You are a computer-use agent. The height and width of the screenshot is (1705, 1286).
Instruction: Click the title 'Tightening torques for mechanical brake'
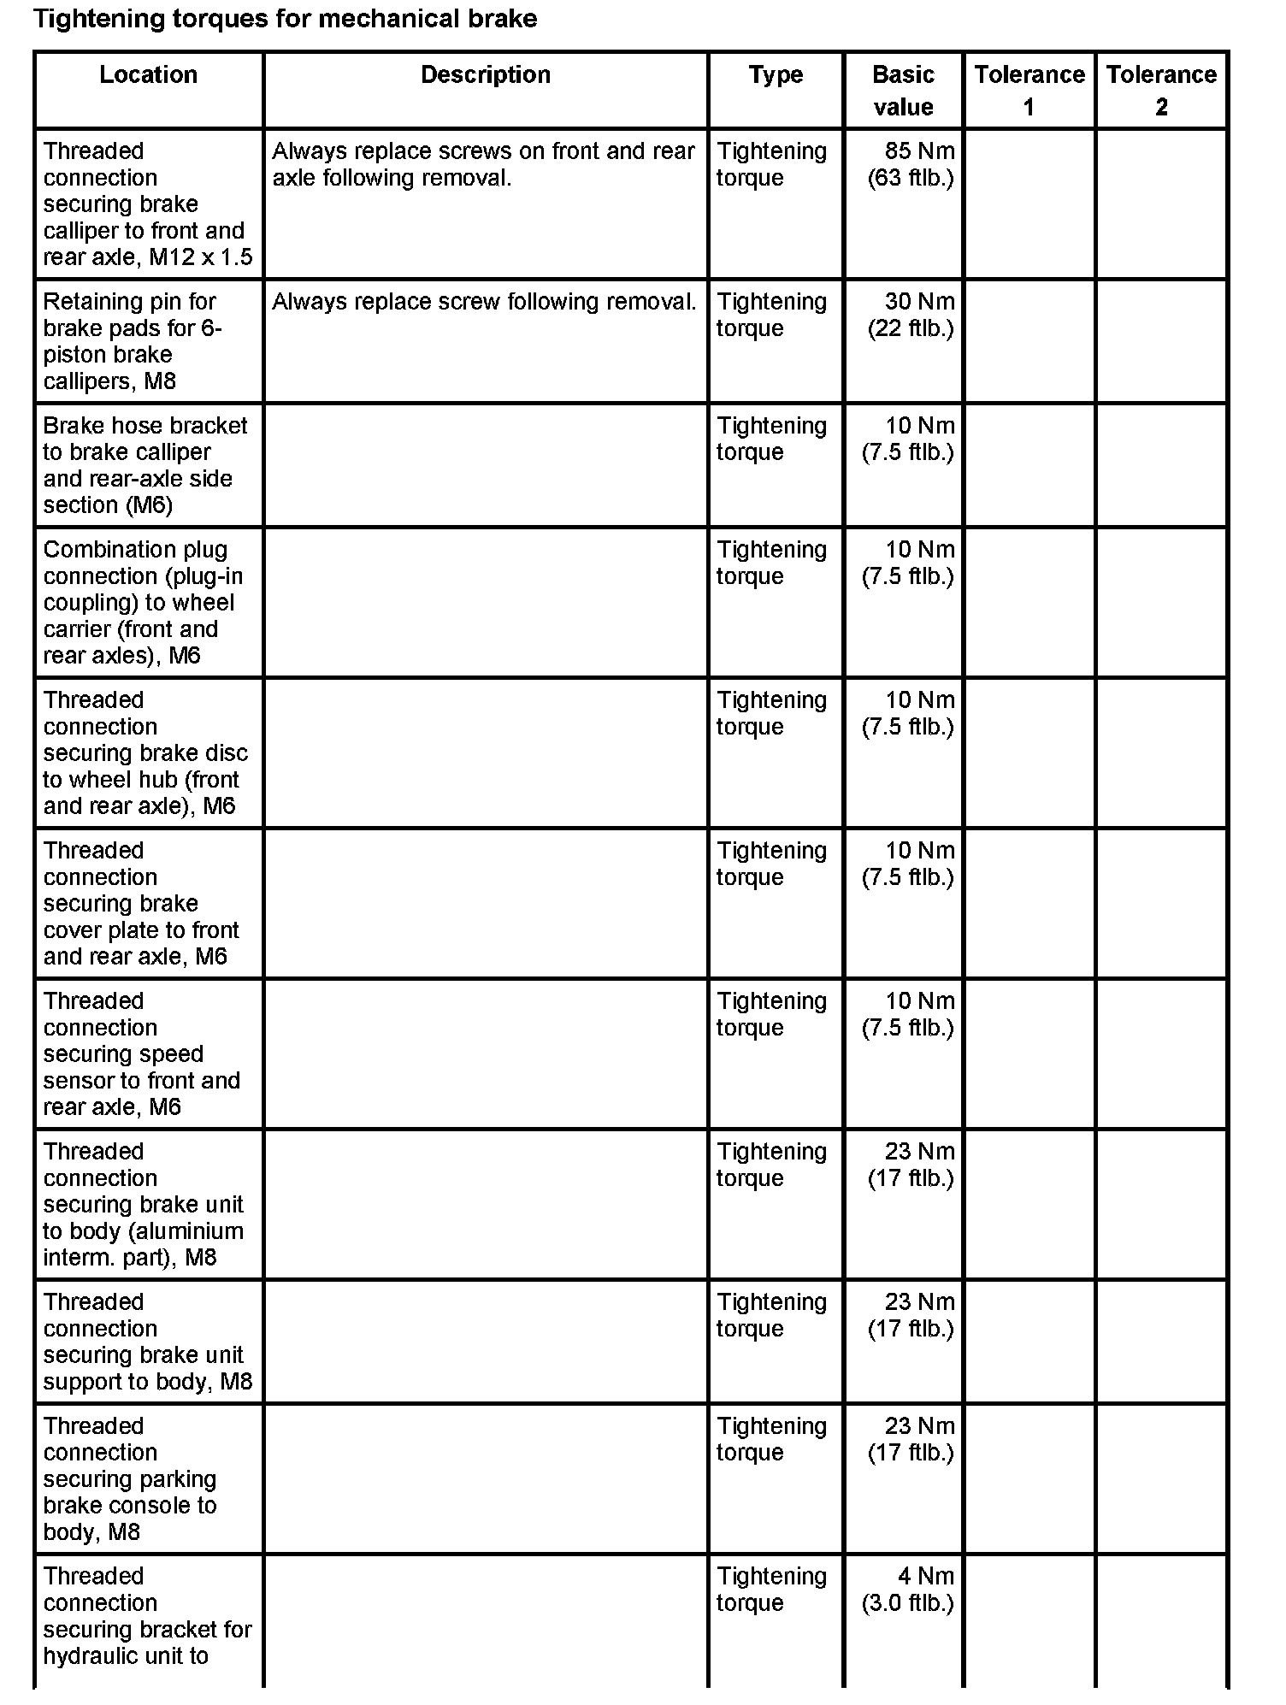pos(285,19)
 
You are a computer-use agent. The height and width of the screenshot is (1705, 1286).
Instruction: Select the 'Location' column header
pos(148,75)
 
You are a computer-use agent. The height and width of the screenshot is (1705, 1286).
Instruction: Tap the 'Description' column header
pos(485,75)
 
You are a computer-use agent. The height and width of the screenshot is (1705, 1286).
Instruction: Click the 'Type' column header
pos(776,75)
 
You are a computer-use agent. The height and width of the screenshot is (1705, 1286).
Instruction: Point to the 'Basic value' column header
pos(903,91)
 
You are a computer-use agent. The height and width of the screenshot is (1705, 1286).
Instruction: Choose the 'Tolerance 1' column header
pos(1029,91)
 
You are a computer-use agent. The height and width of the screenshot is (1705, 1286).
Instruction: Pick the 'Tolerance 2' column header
pos(1161,91)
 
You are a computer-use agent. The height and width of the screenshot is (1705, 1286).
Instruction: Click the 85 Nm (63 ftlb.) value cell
pos(910,165)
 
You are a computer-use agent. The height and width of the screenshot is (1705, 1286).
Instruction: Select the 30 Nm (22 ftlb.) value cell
pos(910,316)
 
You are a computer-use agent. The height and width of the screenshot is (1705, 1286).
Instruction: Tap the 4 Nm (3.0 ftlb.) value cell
pos(910,1590)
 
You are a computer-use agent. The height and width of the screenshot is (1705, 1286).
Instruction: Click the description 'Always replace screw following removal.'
pos(484,302)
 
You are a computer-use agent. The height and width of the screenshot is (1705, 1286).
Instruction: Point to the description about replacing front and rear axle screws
pos(483,165)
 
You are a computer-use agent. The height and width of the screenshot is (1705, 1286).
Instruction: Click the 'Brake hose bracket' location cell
pos(145,465)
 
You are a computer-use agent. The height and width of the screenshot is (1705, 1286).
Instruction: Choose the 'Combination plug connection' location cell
pos(143,603)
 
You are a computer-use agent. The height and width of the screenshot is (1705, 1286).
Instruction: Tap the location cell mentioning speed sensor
pos(141,1054)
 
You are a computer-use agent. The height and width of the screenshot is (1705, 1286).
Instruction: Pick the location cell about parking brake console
pos(130,1479)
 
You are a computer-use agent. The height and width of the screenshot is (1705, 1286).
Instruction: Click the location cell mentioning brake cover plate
pos(141,904)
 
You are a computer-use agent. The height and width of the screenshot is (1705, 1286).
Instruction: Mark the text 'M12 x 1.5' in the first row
pos(201,257)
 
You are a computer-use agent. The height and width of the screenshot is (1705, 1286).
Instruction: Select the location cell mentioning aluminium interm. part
pos(143,1205)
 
